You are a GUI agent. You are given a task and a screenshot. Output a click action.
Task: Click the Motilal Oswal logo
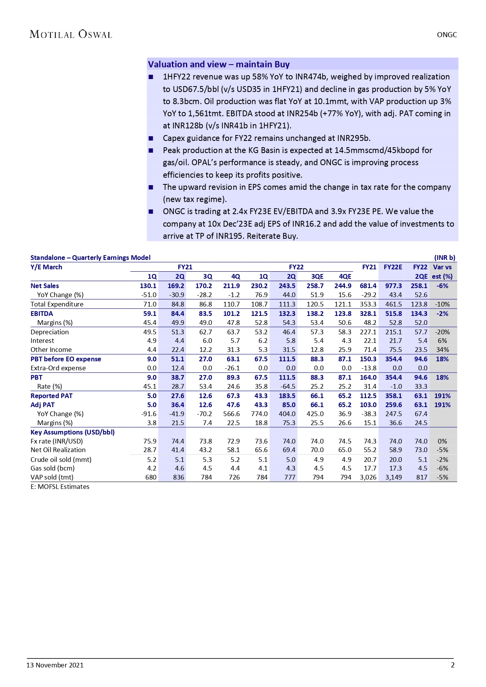click(x=71, y=34)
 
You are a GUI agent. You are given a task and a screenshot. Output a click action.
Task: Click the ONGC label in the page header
click(x=447, y=35)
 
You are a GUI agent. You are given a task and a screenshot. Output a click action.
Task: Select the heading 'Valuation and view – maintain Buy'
click(x=219, y=64)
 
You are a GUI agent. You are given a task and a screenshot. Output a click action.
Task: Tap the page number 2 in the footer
click(x=453, y=665)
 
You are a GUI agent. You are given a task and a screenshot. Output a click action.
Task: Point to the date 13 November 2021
click(x=55, y=665)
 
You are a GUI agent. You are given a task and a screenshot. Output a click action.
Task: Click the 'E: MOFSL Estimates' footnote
click(x=60, y=487)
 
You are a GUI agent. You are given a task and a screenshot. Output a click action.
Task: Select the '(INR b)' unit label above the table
click(x=445, y=258)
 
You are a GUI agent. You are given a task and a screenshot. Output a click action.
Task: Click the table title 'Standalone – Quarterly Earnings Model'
click(x=90, y=258)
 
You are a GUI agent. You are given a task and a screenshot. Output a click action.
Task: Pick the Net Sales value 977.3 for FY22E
click(x=394, y=286)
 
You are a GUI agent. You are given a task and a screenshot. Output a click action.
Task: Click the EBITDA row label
click(x=42, y=314)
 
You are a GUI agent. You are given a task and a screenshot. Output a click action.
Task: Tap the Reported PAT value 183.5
click(x=287, y=396)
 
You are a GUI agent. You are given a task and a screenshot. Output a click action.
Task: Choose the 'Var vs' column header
click(x=442, y=267)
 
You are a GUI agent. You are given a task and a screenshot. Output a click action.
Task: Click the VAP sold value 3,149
click(x=394, y=477)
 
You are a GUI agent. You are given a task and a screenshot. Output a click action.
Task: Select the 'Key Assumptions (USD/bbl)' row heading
click(x=72, y=432)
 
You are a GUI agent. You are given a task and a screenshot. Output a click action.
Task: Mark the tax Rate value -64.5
click(x=288, y=386)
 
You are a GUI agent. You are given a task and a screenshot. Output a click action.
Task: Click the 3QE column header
click(x=317, y=276)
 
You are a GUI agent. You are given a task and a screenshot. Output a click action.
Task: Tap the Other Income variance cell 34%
click(x=443, y=350)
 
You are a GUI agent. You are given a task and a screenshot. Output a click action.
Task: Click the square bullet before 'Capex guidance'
click(x=151, y=138)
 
